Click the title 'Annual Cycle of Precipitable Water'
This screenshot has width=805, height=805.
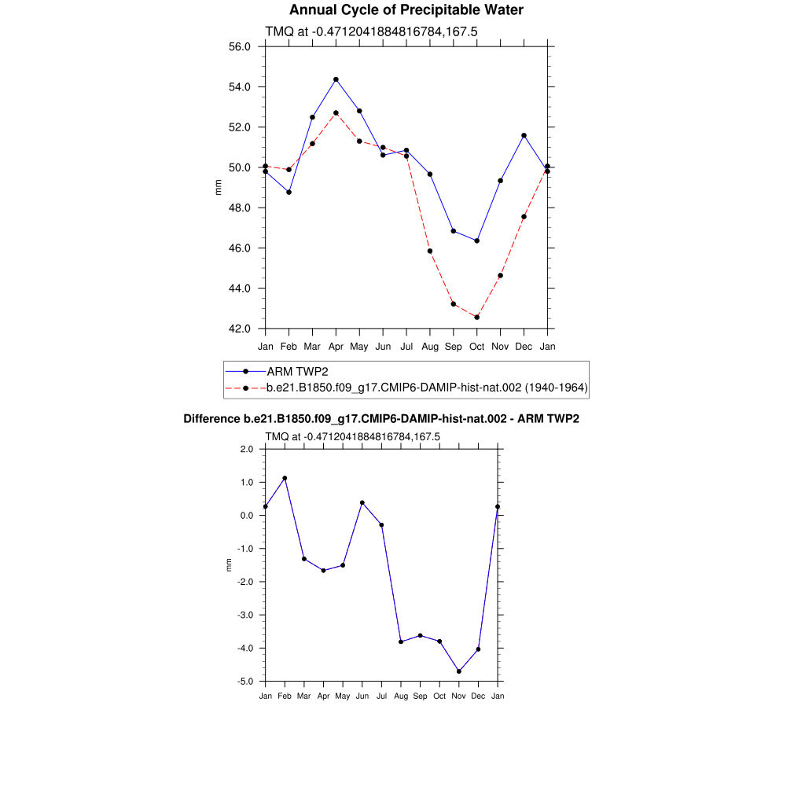pos(406,10)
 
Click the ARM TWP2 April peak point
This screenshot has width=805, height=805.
pos(336,79)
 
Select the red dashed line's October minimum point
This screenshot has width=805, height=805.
pos(477,317)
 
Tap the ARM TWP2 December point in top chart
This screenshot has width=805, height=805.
pos(524,135)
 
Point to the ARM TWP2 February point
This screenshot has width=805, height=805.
pos(289,192)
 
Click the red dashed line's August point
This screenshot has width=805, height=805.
pos(430,251)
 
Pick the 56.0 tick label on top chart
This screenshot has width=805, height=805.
pos(239,46)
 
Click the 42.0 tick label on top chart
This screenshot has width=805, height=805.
pos(239,329)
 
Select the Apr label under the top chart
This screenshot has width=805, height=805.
pos(336,347)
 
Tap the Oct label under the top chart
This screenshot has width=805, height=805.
pos(477,347)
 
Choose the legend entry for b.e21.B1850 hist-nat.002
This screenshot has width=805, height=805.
pos(427,388)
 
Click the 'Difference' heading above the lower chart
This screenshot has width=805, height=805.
pos(381,419)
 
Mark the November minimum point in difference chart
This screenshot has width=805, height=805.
pos(459,671)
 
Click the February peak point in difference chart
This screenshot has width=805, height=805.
pos(285,478)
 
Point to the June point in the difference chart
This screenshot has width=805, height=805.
pos(362,502)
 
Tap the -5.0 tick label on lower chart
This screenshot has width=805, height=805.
pos(245,682)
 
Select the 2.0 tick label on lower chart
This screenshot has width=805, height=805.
pos(247,449)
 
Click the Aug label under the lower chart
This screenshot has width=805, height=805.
pos(401,697)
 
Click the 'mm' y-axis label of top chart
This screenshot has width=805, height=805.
pos(219,187)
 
